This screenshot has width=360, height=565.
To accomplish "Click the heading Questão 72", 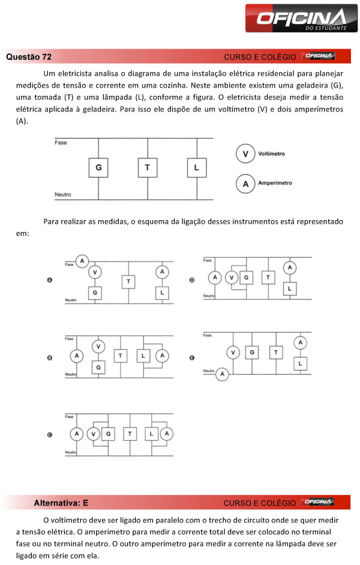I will tap(29, 57).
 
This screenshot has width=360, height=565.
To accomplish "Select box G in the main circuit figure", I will tap(98, 167).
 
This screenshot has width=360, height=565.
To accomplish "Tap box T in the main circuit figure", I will tap(147, 167).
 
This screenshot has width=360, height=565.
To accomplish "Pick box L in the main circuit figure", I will tap(196, 167).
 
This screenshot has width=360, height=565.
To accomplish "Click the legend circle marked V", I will tap(245, 154).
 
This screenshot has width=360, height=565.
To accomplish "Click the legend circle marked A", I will tap(245, 184).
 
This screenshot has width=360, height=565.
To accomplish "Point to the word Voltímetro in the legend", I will tap(271, 154).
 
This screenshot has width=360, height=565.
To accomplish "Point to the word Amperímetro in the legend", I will tap(275, 183).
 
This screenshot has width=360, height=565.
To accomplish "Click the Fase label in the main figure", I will tap(61, 143).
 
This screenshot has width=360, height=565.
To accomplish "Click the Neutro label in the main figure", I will tap(63, 194).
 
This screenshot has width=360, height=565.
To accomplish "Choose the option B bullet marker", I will tap(50, 358).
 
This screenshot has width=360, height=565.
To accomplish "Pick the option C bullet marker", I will tap(50, 435).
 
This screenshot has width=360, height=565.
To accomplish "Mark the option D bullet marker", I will tap(191, 280).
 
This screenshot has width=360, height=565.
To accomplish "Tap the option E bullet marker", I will tap(191, 358).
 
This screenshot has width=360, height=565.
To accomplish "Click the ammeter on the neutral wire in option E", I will tap(223, 374).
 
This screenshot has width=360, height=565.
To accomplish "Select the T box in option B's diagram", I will tap(121, 356).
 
